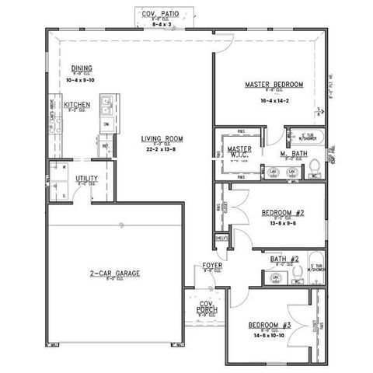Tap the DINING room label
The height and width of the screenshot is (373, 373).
[x=82, y=68]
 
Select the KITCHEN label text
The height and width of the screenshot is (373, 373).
[x=77, y=104]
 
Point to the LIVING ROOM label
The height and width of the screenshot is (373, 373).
[x=162, y=139]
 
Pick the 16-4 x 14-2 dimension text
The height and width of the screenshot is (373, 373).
[x=274, y=100]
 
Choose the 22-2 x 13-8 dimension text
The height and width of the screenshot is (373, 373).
[x=162, y=153]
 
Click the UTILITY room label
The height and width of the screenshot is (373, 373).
[x=86, y=179]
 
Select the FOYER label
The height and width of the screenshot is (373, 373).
[x=212, y=266]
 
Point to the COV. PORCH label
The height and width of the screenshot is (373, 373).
[x=207, y=307]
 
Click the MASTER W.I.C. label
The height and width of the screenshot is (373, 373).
[x=237, y=152]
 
